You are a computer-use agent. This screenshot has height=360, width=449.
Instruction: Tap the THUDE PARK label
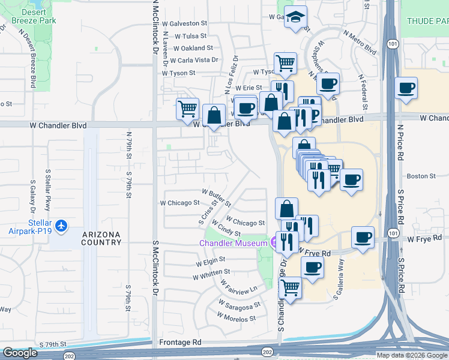(x=427, y=21)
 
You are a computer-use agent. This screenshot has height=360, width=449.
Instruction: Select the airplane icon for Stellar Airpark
(x=61, y=226)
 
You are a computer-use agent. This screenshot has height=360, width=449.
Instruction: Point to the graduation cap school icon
(x=295, y=17)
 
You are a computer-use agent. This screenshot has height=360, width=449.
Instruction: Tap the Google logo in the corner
(x=20, y=353)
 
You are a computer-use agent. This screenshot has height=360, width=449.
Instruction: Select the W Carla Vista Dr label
(x=194, y=60)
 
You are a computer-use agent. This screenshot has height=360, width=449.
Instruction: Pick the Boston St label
(x=421, y=176)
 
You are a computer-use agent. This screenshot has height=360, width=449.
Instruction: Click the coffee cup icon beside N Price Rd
(x=406, y=88)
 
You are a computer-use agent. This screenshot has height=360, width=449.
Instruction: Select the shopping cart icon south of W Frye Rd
(x=291, y=287)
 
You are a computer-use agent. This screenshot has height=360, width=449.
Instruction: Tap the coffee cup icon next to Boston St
(x=351, y=179)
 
